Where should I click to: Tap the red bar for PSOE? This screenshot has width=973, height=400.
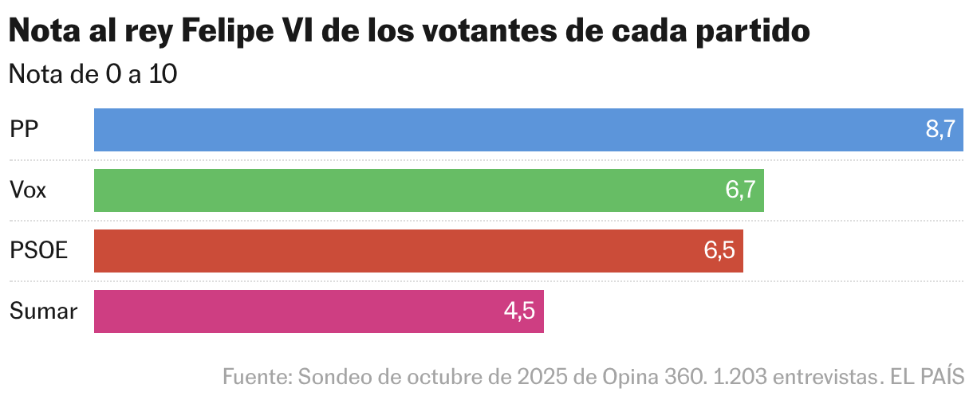pyautogui.click(x=399, y=251)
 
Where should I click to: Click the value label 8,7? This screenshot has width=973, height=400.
pyautogui.click(x=940, y=130)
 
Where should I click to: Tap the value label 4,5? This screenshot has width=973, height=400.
pyautogui.click(x=519, y=312)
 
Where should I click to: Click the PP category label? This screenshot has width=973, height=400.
pyautogui.click(x=25, y=130)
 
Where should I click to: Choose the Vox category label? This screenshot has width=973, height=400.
pyautogui.click(x=28, y=190)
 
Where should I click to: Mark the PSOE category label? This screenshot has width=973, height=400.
pyautogui.click(x=38, y=251)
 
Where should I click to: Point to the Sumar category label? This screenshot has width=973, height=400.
pyautogui.click(x=43, y=312)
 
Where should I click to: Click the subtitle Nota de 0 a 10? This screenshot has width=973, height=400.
pyautogui.click(x=93, y=74)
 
